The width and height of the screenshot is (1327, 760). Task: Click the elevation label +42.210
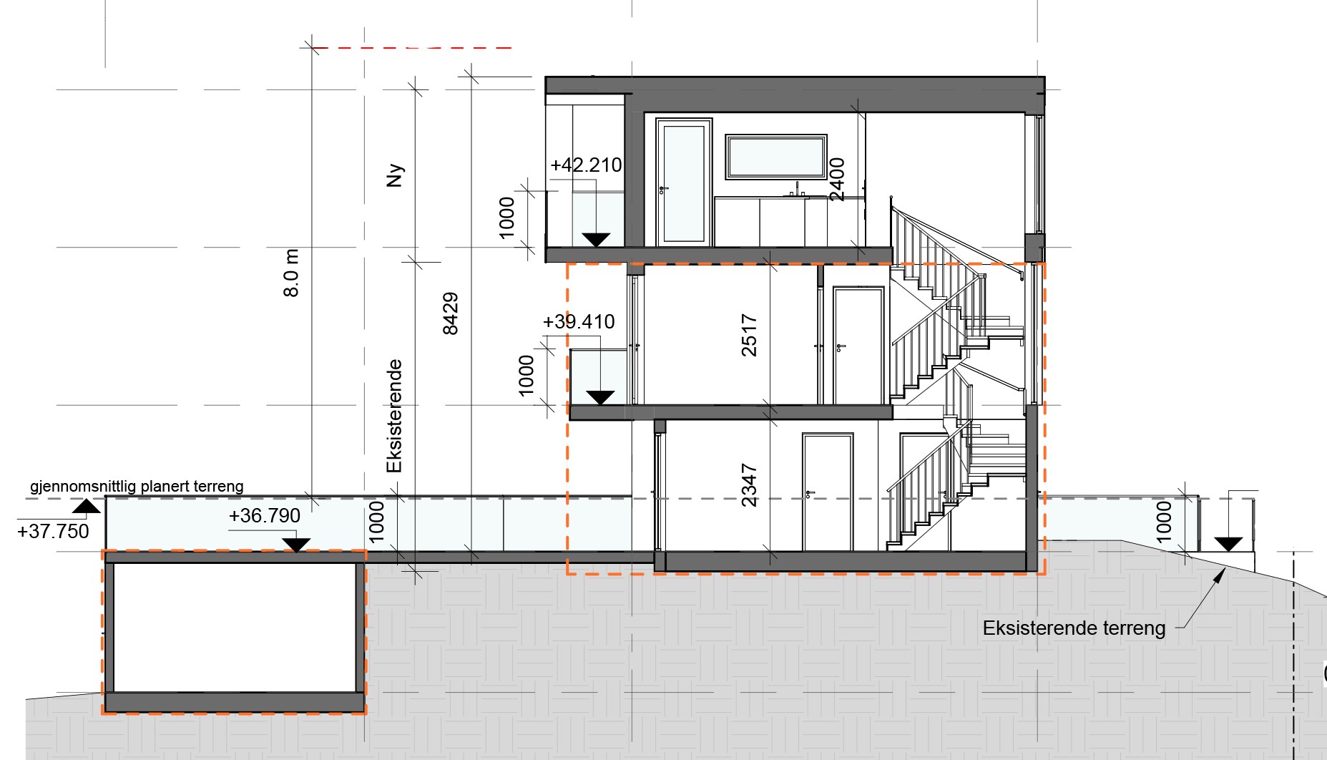pos(586,165)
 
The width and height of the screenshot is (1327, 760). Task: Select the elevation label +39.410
pos(579,322)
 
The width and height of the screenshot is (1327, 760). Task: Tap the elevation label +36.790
pos(265,516)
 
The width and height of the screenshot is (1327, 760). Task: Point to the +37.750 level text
pos(53,532)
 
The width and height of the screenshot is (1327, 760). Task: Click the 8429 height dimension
pos(450,313)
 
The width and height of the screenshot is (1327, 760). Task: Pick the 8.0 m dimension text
pos(291,273)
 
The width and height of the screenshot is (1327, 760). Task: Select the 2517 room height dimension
pos(749,335)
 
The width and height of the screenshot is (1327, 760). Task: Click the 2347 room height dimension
pos(749,485)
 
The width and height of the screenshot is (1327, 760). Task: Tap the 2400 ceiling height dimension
pos(836,180)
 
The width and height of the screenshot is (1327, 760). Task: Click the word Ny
pos(395,175)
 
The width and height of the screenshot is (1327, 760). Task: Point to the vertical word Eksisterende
pos(394,416)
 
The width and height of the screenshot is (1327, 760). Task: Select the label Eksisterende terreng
pos(1074,628)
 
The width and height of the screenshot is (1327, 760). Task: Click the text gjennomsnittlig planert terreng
pos(137,487)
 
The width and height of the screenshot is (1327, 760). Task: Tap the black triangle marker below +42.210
pos(596,240)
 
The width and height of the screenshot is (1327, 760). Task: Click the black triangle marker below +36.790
pos(296,545)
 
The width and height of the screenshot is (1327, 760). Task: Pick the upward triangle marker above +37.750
pos(87,507)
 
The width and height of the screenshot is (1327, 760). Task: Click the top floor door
pos(685,182)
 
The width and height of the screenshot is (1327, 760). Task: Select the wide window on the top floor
pos(776,157)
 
